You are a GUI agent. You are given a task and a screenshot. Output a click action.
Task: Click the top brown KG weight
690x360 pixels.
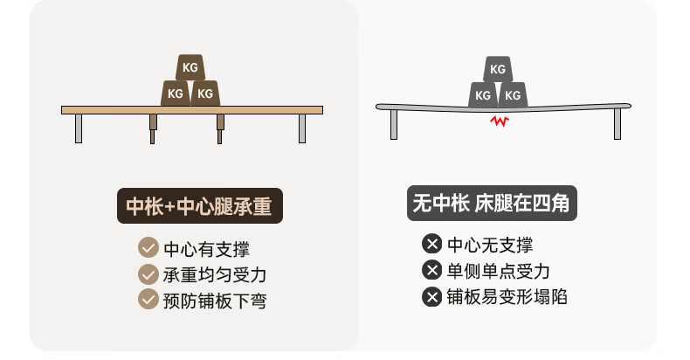[x=190, y=67]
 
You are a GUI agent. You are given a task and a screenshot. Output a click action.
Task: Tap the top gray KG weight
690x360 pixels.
[x=498, y=69]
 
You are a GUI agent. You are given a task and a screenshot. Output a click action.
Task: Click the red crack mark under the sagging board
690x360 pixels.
[x=500, y=121]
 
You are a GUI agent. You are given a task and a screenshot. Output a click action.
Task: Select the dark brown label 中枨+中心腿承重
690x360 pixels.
[x=200, y=205]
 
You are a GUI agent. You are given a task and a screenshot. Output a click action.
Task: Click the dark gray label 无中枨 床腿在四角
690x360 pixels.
[x=492, y=203]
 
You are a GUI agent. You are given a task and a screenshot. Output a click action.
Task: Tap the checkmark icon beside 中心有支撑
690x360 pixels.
[x=148, y=248]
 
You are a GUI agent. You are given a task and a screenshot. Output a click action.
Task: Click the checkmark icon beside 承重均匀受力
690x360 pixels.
[x=148, y=274]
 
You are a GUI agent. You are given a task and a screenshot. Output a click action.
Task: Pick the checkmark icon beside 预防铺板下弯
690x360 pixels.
[x=148, y=299]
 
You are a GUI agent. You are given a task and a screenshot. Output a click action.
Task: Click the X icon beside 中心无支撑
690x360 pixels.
[x=431, y=244]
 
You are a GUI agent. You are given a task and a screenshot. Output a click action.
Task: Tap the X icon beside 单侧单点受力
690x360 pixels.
[x=431, y=270]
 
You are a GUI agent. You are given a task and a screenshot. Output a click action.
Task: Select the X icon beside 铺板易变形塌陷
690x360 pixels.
[x=431, y=296]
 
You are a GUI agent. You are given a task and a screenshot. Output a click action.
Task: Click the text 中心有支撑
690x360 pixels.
[x=206, y=249]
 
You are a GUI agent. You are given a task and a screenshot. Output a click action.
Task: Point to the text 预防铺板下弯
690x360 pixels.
[x=215, y=301]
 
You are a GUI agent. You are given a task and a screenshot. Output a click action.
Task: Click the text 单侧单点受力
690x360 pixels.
[x=498, y=271]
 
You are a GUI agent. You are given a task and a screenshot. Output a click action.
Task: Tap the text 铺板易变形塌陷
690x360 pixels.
[x=507, y=297]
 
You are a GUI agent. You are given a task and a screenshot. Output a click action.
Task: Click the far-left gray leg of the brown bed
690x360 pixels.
[x=79, y=128]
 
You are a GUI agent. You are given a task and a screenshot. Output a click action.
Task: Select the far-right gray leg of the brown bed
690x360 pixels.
[x=302, y=128]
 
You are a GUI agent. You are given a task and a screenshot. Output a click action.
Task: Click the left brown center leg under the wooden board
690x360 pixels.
[x=153, y=129]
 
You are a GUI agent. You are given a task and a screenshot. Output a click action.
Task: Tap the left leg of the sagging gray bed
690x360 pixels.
[x=394, y=125]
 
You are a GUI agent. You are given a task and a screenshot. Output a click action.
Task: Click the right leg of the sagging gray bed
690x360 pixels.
[x=618, y=124]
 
